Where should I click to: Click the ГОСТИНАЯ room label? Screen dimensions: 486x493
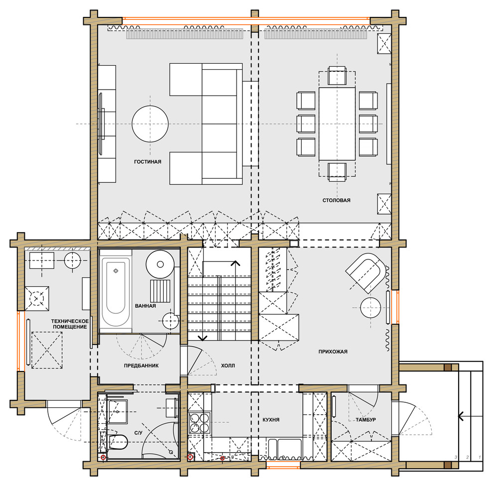pos(147,161)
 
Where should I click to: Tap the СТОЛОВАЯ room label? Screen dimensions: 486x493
pos(336,200)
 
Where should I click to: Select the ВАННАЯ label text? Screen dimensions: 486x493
pos(145,306)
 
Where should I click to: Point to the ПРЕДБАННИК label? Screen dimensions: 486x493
pos(141,365)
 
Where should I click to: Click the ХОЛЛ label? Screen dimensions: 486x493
pos(228,365)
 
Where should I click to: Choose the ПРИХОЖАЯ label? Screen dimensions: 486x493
pos(333,352)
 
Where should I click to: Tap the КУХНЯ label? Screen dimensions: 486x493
pos(271,420)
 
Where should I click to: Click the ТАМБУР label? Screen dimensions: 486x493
pos(366,420)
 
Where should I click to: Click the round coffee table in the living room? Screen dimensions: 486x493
pos(150,123)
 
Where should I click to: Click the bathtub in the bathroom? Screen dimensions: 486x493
pos(115,291)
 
